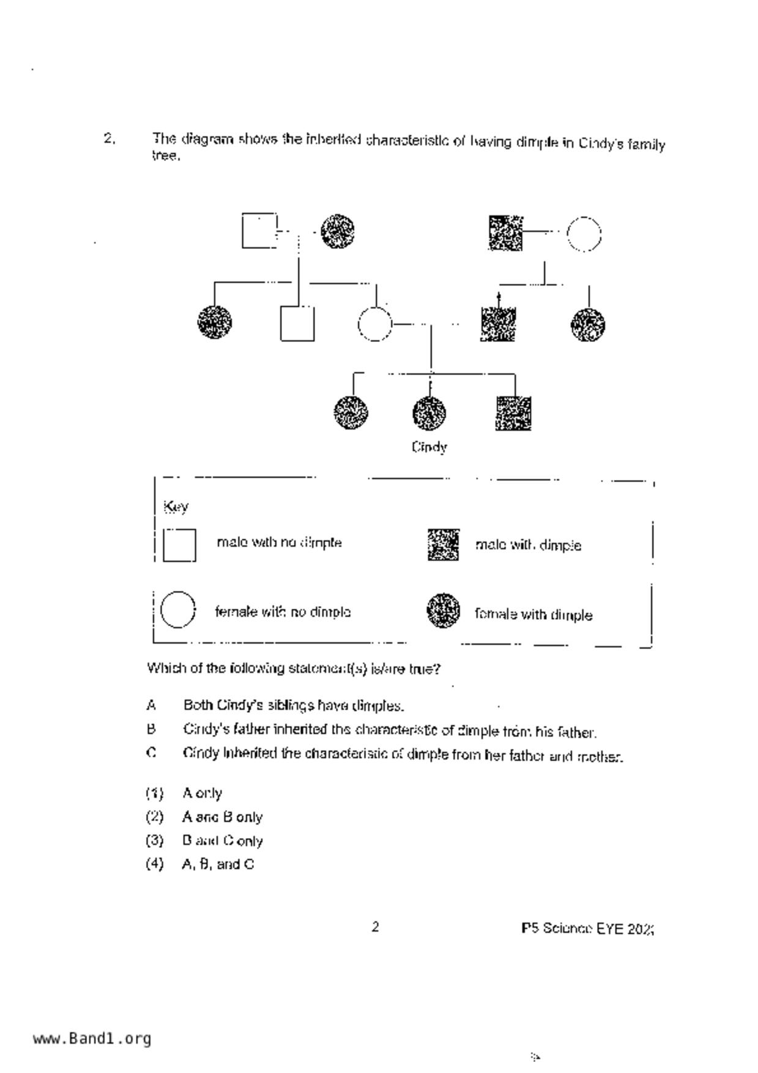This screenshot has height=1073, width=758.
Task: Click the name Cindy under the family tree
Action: coord(429,447)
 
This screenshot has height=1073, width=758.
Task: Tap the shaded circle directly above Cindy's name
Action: coord(429,413)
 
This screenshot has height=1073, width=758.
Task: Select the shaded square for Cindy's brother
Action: coord(513,413)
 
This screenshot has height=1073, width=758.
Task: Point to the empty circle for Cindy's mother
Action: coord(374,324)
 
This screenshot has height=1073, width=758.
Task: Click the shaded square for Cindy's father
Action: coord(498,324)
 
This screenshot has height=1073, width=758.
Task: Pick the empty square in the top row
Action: coord(259,231)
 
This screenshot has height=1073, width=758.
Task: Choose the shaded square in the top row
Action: coord(506,233)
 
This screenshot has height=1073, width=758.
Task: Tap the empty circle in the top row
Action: coord(584,234)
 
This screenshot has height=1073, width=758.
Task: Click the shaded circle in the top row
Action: coord(338,231)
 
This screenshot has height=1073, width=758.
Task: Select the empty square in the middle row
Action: coord(297,324)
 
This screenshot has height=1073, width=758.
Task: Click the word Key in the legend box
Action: coord(176,507)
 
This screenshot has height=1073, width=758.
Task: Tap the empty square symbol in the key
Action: coord(179,545)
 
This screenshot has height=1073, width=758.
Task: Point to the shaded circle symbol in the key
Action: coord(443,611)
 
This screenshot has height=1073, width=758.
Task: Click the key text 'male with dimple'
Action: coord(528,545)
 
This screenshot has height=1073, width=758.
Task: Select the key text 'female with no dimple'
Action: coord(283,612)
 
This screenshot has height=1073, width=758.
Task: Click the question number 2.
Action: coord(110,138)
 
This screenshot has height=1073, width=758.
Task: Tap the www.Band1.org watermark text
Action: coord(92,1038)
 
